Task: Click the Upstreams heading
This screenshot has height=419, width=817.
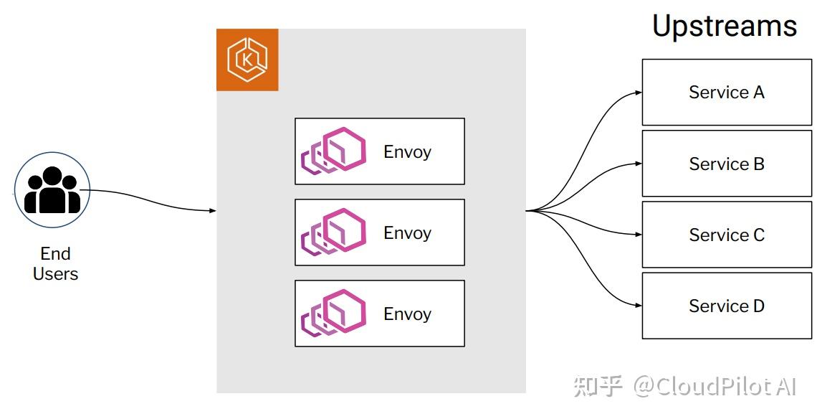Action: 724,27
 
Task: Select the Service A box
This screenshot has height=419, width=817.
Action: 727,93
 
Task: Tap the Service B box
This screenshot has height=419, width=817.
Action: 727,164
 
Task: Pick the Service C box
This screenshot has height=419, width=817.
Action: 727,235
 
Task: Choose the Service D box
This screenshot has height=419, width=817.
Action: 727,306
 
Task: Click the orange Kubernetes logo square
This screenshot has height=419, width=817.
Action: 247,60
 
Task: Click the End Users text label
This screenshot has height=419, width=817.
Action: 55,263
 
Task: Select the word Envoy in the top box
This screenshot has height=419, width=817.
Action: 407,152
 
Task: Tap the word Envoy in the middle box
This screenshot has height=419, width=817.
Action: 407,233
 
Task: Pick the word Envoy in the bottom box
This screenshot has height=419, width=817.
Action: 407,314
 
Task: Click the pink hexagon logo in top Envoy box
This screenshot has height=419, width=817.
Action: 334,151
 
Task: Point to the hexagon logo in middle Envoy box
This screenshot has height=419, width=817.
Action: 334,232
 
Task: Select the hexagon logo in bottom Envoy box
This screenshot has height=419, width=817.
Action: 334,314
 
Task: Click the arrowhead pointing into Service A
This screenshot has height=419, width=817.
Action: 638,93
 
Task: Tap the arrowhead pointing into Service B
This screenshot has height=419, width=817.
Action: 638,164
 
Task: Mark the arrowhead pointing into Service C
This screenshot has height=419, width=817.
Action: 638,235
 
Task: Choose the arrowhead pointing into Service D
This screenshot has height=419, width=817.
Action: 638,306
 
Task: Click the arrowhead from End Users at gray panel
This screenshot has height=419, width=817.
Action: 212,211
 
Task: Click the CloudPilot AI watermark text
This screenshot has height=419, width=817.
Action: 715,387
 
